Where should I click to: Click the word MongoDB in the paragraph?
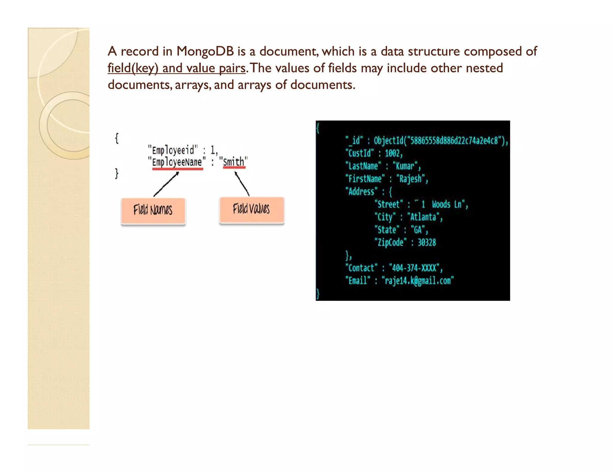tap(205, 51)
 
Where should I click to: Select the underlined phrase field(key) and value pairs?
tap(176, 68)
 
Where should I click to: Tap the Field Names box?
tap(153, 210)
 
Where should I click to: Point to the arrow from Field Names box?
tap(166, 184)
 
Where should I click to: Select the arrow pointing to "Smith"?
tap(242, 184)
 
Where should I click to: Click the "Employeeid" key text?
tap(173, 149)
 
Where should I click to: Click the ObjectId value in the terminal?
tap(440, 140)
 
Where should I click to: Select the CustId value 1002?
tap(393, 153)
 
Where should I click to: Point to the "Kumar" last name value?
tap(406, 166)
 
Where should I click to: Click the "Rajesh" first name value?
tap(411, 179)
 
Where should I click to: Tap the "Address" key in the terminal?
tap(362, 192)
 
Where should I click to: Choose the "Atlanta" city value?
tap(423, 217)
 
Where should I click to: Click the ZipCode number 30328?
tap(426, 242)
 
